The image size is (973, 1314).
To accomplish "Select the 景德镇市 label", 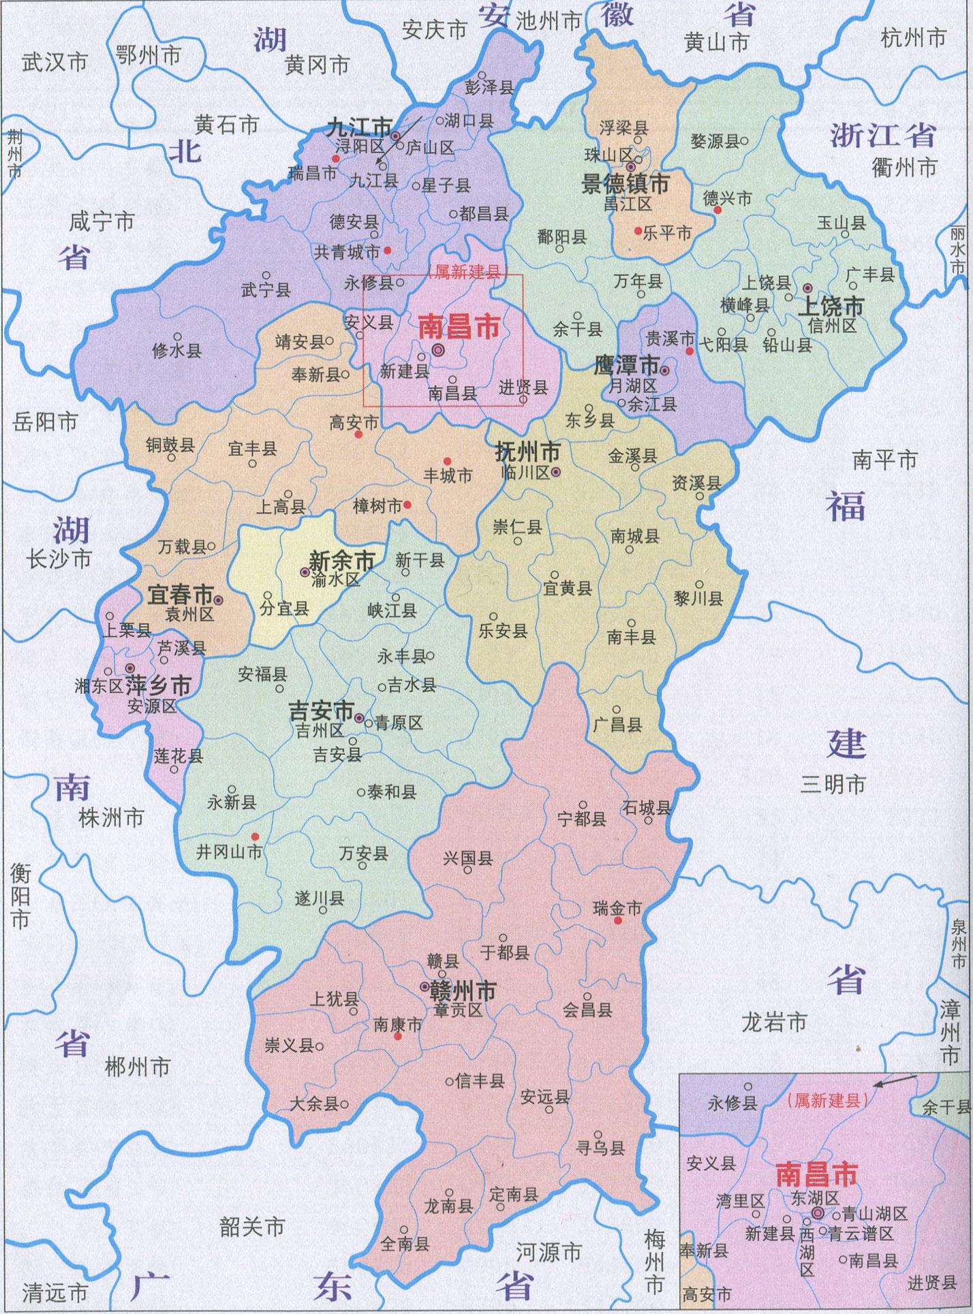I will coord(625,183).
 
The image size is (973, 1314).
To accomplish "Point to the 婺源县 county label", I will coord(715,141).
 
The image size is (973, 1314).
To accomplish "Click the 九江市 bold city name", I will coord(360,127).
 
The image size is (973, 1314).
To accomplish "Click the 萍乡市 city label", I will coord(159,687).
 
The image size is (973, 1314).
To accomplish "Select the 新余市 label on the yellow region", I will coord(342,561).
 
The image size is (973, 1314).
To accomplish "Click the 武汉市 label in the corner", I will coord(55,63).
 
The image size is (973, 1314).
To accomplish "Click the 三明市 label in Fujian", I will coord(833,785).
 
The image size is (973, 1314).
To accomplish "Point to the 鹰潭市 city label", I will coord(626,365).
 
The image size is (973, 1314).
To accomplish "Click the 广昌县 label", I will coord(617,724).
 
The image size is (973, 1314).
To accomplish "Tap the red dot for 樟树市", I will coord(407,505).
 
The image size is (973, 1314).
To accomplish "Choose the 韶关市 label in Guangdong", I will coord(251,1227).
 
